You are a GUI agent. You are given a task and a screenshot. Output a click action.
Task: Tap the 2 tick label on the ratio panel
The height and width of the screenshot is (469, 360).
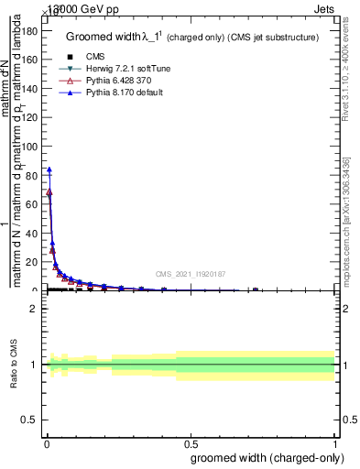point(33,309)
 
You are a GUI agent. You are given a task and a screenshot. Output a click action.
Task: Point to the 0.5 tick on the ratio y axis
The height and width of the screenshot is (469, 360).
point(28,420)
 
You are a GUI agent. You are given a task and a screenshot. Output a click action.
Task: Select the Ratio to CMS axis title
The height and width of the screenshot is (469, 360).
point(15,365)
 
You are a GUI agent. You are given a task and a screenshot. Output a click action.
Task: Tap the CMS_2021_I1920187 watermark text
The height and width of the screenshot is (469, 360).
point(191,273)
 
